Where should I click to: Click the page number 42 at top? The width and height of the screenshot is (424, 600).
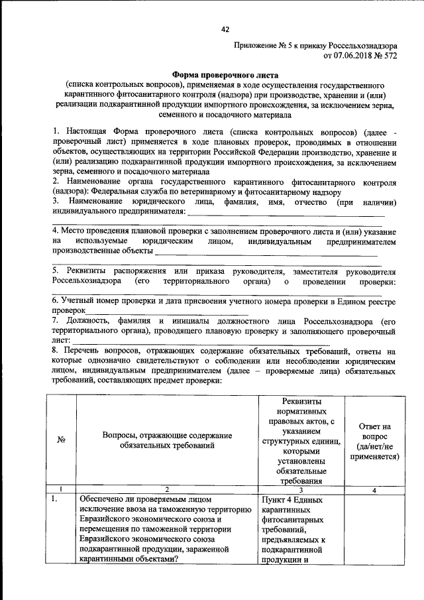(x=225, y=29)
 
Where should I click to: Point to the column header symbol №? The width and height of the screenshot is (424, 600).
(x=60, y=440)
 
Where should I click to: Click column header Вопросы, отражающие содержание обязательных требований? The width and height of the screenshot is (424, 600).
(x=166, y=440)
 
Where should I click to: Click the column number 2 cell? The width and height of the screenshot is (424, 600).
(x=166, y=489)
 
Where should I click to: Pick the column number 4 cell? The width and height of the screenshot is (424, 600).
(x=374, y=489)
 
